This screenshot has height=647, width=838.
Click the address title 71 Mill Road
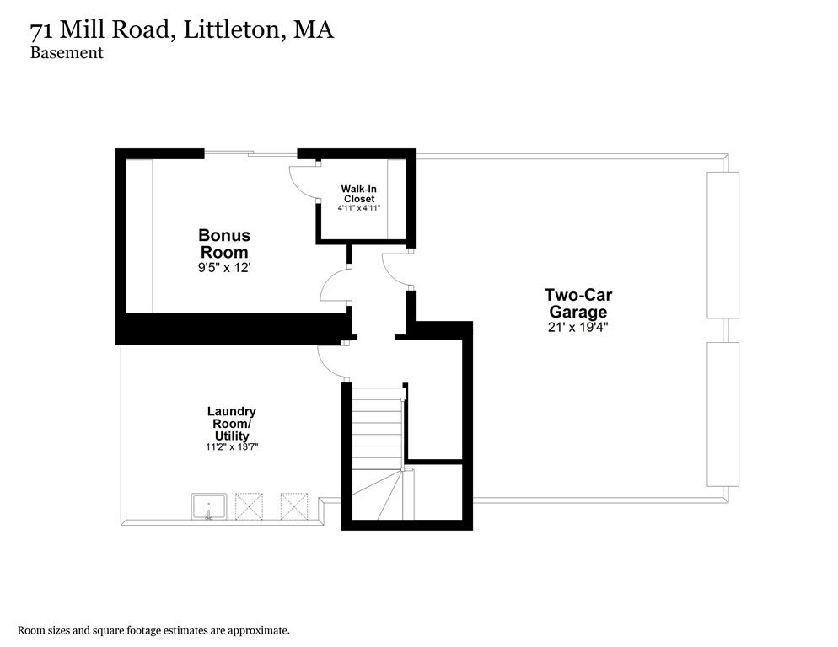point(181,31)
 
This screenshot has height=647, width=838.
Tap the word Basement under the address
point(67,53)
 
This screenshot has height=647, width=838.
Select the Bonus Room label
point(223,243)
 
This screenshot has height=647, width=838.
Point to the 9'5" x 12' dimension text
point(223,270)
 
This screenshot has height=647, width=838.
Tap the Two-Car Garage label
point(576,303)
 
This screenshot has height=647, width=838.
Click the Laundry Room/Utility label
point(231,423)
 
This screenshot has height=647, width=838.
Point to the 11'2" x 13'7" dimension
point(231,447)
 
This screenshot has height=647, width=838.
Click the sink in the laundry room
point(207,506)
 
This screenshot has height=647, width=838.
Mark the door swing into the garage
point(395,270)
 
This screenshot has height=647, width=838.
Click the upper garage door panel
point(723,244)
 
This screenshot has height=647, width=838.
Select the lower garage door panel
point(723,414)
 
